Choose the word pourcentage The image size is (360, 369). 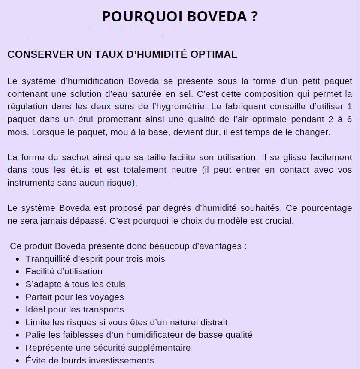pyautogui.click(x=326, y=208)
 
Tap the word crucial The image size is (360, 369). pyautogui.click(x=279, y=221)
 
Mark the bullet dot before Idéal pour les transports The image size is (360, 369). pyautogui.click(x=17, y=310)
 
